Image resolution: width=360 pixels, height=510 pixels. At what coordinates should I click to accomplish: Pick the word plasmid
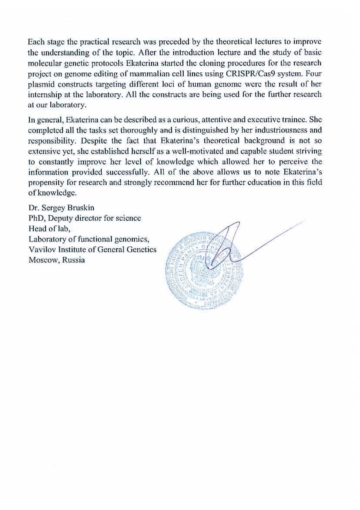tap(40, 84)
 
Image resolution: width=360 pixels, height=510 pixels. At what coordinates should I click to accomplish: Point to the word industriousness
tap(276, 130)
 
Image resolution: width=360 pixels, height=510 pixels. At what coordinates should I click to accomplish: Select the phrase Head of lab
tap(49, 229)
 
